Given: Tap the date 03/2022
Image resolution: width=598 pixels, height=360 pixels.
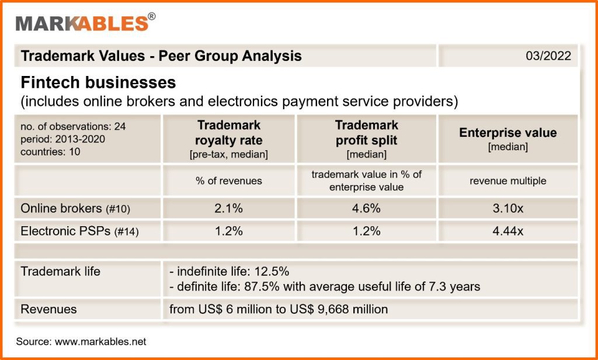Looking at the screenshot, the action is pyautogui.click(x=548, y=56).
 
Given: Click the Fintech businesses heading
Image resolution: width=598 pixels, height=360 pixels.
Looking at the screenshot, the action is pyautogui.click(x=98, y=83).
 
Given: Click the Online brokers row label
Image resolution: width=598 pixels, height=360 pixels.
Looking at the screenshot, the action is pyautogui.click(x=75, y=209).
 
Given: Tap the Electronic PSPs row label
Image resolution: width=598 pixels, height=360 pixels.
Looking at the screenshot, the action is pyautogui.click(x=79, y=231).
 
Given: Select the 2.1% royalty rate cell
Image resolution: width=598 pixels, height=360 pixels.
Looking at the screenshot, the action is pyautogui.click(x=229, y=209).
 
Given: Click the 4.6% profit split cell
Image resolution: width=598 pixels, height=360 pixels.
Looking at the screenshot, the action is pyautogui.click(x=367, y=209).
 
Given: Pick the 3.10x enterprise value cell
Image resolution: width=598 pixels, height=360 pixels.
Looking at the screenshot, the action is pyautogui.click(x=508, y=209).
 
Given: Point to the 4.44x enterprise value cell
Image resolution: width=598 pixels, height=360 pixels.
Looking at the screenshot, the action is pyautogui.click(x=508, y=231).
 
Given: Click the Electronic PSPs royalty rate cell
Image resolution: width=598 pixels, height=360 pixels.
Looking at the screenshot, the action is pyautogui.click(x=229, y=231).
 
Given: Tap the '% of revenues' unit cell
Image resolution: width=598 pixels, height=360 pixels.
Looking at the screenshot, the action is pyautogui.click(x=229, y=181).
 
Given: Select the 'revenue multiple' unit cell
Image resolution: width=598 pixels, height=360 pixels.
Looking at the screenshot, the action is pyautogui.click(x=508, y=181).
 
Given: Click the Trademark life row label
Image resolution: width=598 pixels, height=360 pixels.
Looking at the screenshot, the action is pyautogui.click(x=60, y=271).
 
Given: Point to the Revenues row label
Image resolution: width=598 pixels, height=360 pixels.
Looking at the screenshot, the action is pyautogui.click(x=48, y=309).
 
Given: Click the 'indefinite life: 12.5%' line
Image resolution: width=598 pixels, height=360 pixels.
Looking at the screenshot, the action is pyautogui.click(x=229, y=271).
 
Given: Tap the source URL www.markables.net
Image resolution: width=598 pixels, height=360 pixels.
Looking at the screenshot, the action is pyautogui.click(x=100, y=341).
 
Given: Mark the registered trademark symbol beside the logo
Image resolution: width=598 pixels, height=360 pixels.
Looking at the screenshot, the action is pyautogui.click(x=152, y=16).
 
